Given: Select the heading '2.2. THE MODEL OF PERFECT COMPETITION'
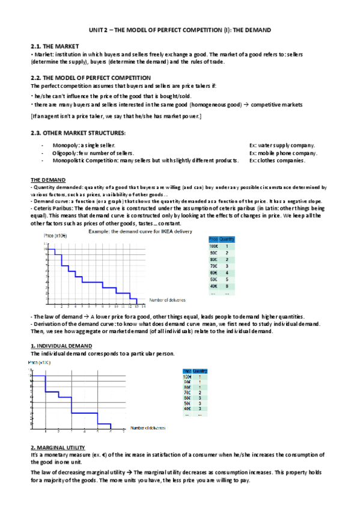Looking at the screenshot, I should [90, 78].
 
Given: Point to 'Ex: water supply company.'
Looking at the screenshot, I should [282, 145].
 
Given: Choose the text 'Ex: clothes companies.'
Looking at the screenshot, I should [277, 161].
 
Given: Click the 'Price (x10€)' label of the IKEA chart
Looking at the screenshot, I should [55, 235].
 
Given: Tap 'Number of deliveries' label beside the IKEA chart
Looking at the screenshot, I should [167, 300].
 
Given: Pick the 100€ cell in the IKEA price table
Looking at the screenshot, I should [213, 246].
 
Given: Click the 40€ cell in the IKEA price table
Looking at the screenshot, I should [213, 286].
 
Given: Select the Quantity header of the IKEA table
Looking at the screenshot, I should [227, 239].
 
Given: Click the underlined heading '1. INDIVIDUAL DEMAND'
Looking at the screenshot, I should [61, 346].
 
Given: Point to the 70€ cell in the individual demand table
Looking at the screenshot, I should [188, 392].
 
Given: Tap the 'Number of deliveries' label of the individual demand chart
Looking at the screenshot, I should [148, 426].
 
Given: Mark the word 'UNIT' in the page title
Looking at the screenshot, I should [96, 29].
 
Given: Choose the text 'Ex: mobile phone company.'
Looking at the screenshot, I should [283, 153].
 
